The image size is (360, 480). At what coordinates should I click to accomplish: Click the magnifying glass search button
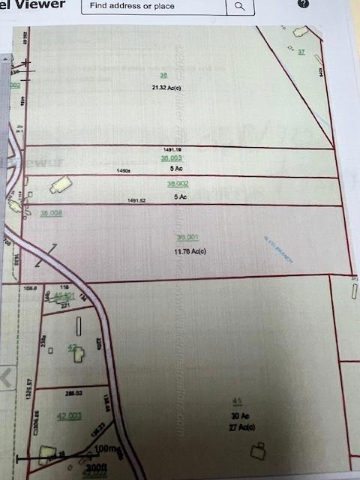(x=239, y=6)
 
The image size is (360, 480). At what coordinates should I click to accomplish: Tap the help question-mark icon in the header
(x=303, y=4)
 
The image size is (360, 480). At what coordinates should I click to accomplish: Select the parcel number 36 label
(x=163, y=76)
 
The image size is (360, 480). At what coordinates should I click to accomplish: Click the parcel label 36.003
(x=171, y=158)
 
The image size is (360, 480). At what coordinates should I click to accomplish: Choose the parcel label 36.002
(x=177, y=184)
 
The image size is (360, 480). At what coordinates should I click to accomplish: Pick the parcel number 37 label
(x=301, y=51)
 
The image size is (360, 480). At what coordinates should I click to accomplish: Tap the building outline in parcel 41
(x=259, y=450)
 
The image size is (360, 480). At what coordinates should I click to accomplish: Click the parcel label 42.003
(x=69, y=415)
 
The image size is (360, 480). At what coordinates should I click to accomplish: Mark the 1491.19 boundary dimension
(x=172, y=150)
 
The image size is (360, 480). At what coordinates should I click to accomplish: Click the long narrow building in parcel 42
(x=79, y=326)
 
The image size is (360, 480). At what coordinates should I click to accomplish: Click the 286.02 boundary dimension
(x=73, y=392)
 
